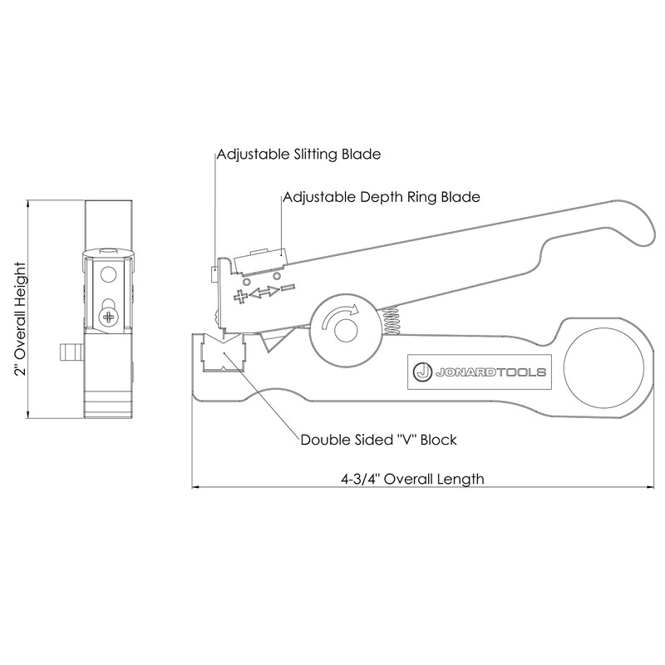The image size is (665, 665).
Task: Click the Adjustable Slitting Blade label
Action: tap(298, 155)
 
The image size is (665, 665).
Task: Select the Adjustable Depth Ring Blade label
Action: tap(382, 198)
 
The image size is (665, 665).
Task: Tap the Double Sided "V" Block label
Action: tap(378, 440)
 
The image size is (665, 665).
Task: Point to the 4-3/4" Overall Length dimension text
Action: tap(412, 479)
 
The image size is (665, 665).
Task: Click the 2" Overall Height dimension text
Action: tap(21, 320)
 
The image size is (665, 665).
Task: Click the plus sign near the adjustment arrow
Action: tap(241, 297)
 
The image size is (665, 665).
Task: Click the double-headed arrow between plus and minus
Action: tap(264, 293)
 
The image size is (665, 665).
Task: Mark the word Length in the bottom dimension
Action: tap(462, 479)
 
